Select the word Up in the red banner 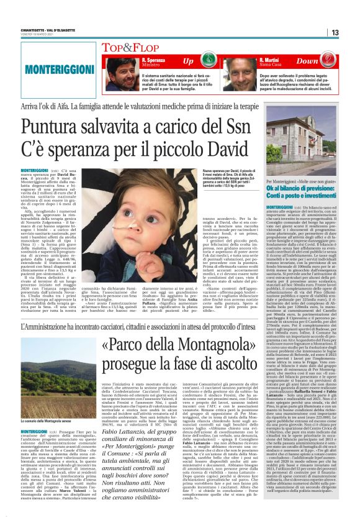tap(188, 61)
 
